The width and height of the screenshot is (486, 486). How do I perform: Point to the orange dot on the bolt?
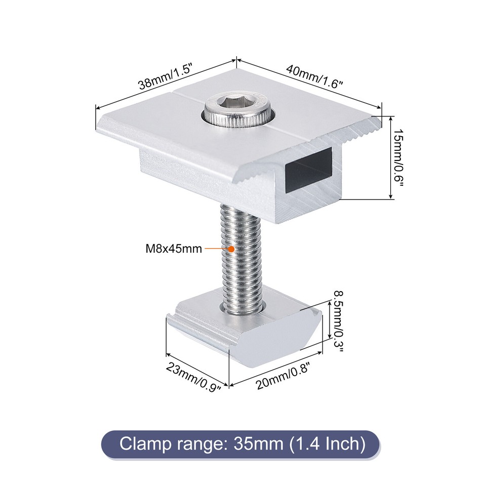231,249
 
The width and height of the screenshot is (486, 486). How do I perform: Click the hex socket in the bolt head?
236,106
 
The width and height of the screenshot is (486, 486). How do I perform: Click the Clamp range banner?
242,444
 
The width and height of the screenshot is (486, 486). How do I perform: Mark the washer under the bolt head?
238,120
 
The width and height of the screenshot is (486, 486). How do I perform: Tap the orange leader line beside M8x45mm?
216,249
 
